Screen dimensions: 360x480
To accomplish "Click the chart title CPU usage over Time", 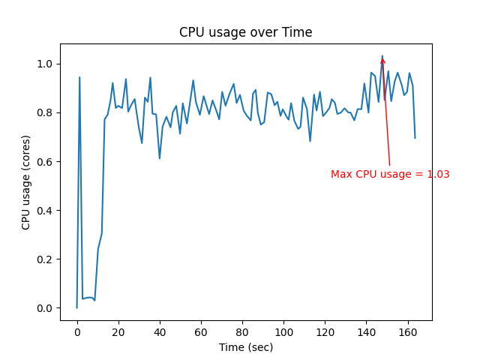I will click(245, 33).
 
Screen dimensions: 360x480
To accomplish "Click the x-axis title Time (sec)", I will click(245, 347).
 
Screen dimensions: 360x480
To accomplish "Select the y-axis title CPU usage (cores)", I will click(26, 181).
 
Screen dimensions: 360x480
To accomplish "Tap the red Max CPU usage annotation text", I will click(390, 174).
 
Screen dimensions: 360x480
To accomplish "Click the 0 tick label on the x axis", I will click(77, 331).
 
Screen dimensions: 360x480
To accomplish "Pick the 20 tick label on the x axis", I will click(118, 331).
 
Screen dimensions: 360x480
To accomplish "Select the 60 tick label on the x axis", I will click(201, 331).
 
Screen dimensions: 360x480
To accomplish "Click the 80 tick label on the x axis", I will click(242, 331).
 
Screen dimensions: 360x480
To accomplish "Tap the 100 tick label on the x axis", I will click(283, 331).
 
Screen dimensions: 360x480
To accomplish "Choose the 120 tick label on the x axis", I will click(325, 331).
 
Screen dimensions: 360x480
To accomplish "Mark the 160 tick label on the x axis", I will click(407, 331).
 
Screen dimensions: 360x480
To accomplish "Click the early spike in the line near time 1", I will click(79, 77).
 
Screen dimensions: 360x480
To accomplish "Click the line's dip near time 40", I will click(160, 158).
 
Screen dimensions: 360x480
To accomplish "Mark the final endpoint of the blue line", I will click(415, 138).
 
